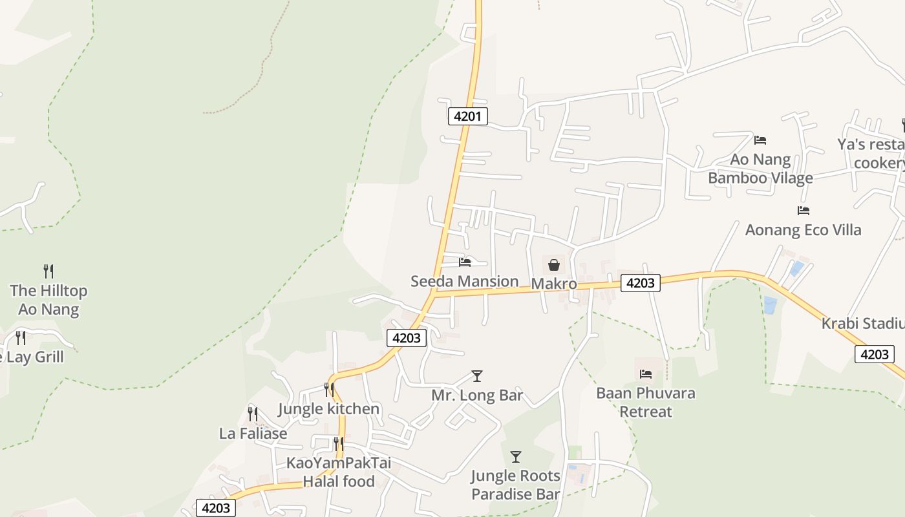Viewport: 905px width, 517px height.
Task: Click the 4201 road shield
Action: click(467, 116)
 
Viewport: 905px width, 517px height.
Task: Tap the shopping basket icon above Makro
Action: click(554, 264)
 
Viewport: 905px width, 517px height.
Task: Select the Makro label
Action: click(554, 284)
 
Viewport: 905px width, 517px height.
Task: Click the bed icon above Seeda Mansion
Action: click(465, 262)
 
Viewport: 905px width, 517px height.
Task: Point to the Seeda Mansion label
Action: click(465, 281)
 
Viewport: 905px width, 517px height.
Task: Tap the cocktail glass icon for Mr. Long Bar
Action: click(477, 375)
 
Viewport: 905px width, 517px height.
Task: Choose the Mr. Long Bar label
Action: click(477, 396)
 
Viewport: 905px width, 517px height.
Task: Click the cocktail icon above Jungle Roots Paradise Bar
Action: click(516, 457)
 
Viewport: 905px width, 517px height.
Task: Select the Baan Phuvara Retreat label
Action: click(646, 402)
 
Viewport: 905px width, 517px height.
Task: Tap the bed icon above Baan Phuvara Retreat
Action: click(646, 374)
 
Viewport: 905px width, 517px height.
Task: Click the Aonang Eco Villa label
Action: click(803, 230)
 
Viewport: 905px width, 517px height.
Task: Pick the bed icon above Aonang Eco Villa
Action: click(804, 210)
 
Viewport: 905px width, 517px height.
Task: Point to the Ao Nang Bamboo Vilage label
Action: click(760, 169)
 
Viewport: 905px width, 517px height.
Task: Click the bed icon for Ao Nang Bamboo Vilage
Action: click(760, 140)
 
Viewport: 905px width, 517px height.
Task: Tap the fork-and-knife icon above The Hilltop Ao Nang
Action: click(48, 271)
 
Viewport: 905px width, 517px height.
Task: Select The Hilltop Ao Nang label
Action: click(48, 300)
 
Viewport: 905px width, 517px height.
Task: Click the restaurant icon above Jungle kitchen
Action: click(329, 389)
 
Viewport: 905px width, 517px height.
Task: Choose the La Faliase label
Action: click(253, 434)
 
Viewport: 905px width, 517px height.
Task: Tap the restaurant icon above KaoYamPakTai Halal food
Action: click(338, 444)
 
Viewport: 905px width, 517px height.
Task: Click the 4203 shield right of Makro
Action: click(640, 282)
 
